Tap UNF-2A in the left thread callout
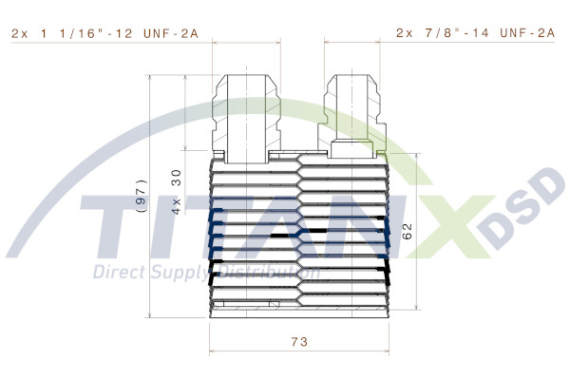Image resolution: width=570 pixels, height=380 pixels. pos(171,32)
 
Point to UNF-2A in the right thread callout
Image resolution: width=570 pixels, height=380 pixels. pos(527,32)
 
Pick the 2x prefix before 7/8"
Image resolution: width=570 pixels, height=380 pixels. pos(405,32)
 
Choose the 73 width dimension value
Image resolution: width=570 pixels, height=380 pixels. pos(299,341)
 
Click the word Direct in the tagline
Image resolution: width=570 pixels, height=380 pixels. pos(117,274)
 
